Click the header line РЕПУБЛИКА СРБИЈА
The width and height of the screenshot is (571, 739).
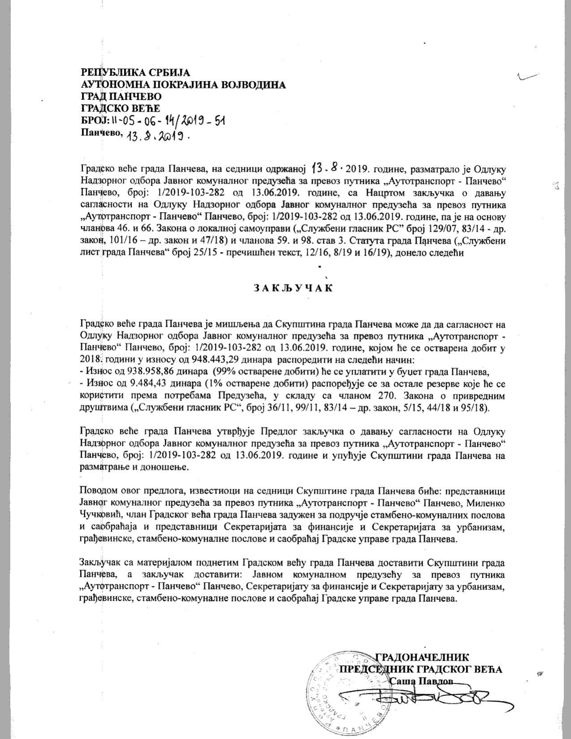[135, 73]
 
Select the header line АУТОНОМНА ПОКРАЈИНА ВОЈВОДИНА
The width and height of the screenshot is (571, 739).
[183, 85]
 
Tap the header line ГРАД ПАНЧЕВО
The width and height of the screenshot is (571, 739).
[121, 96]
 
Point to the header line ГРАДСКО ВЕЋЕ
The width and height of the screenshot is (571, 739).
[120, 108]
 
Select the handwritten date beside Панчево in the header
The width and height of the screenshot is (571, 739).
[158, 135]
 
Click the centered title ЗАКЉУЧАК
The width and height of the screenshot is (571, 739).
[293, 288]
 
